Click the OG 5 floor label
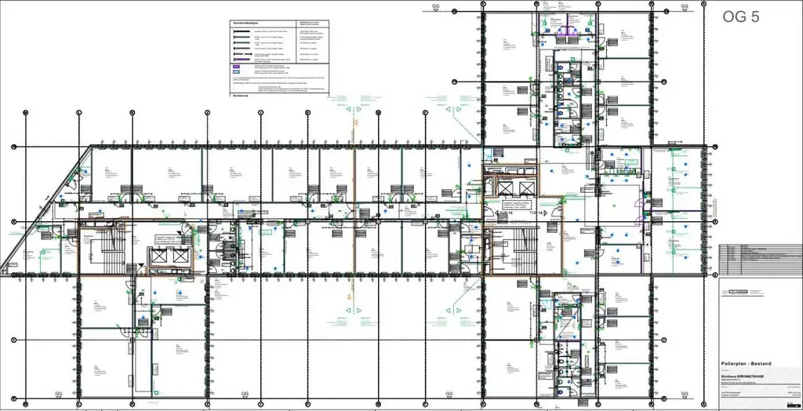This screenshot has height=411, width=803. pos(739,17)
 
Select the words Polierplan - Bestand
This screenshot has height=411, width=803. pos(746,364)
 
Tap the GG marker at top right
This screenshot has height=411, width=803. pos(684,7)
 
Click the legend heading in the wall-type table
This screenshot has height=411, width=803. pos(245,24)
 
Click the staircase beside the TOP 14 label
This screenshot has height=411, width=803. pos(518,249)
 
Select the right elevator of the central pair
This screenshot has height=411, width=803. pos(526,187)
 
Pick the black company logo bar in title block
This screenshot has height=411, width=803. pos(744,291)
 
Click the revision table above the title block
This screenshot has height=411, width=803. pos(760,260)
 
